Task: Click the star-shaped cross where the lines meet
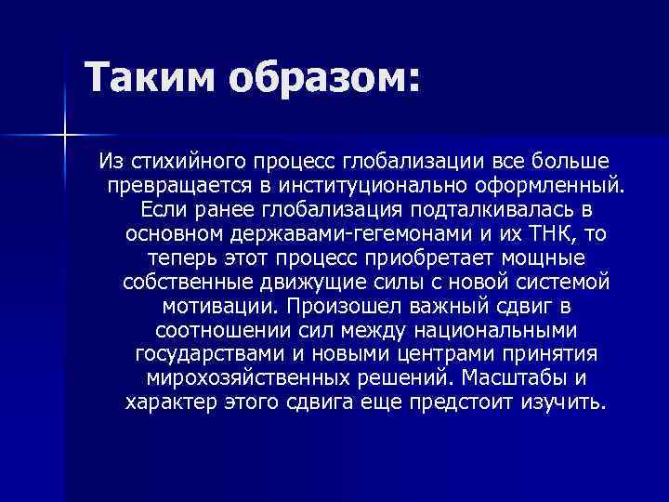64,136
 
